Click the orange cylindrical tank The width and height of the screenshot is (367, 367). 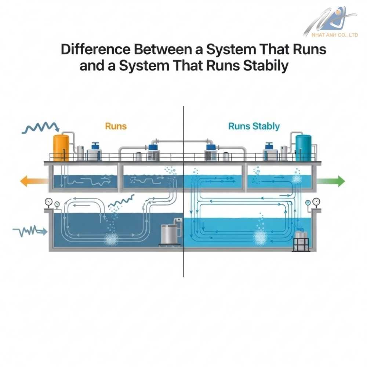pos(61,148)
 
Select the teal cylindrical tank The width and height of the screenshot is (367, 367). pos(303,148)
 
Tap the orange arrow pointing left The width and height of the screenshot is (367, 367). pos(33,181)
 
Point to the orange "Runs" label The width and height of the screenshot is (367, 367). pos(116,126)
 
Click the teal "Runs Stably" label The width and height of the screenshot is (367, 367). pos(254,127)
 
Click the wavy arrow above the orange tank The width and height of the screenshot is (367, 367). pos(41,128)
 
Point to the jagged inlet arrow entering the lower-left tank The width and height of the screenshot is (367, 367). pos(30,231)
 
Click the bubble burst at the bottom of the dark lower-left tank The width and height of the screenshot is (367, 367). pos(110,240)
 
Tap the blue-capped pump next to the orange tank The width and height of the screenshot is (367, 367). pos(95,150)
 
